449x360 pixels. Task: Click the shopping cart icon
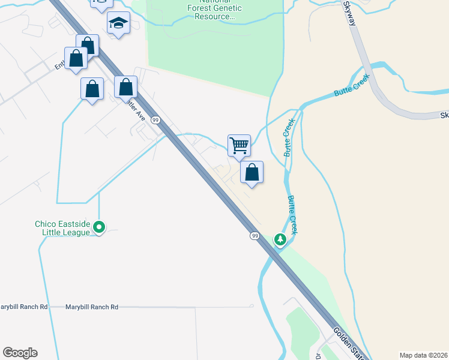[x=239, y=145]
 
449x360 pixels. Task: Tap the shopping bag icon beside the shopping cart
[x=252, y=172]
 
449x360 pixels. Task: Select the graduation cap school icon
[x=118, y=23]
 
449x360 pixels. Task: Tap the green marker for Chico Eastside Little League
[x=100, y=227]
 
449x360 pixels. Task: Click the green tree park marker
[x=280, y=239]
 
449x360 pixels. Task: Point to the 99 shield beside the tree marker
[x=255, y=236]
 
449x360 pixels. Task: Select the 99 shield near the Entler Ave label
[x=155, y=120]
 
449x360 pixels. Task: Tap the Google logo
[x=20, y=353]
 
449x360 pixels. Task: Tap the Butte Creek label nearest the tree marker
[x=295, y=214]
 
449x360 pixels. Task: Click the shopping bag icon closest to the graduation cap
[x=87, y=46]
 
